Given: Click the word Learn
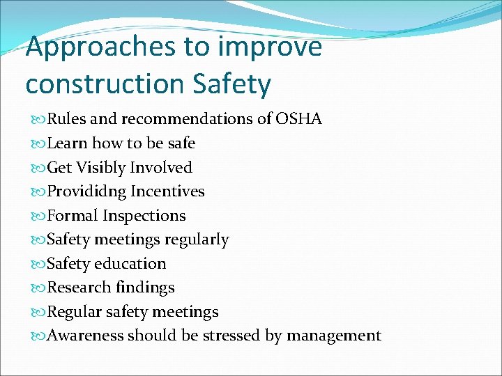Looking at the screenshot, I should point(67,143).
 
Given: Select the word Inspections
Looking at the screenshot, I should point(144,216).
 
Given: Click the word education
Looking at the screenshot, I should point(130,264).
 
